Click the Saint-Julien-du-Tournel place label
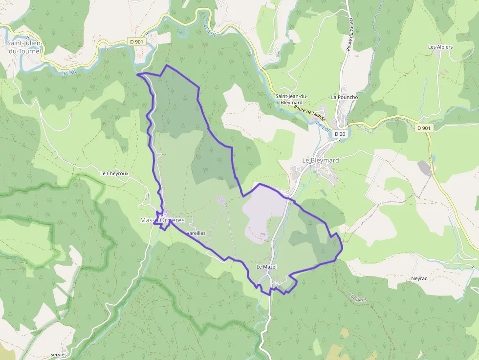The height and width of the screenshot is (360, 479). [25, 46]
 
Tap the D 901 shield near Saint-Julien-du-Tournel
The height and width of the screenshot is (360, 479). [137, 42]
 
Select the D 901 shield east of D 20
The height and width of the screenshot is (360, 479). [424, 128]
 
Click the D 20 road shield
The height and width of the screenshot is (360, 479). [340, 133]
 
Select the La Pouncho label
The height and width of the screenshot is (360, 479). [345, 97]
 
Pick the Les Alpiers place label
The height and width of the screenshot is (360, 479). [440, 47]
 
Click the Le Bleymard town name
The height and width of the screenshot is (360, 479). [320, 160]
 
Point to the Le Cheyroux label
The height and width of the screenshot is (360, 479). [114, 173]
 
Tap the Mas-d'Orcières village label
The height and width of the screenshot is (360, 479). [166, 220]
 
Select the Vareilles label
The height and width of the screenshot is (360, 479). [196, 233]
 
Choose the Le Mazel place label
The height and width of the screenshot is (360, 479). [266, 267]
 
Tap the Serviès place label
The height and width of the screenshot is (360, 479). [58, 354]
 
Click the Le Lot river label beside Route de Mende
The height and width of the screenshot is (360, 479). [321, 126]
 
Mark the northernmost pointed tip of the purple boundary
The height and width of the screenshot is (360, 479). [167, 65]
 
